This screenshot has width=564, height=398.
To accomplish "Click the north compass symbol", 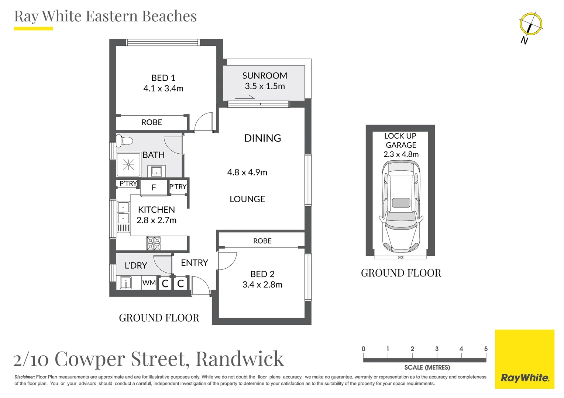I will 531,24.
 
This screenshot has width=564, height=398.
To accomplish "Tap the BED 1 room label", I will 163,78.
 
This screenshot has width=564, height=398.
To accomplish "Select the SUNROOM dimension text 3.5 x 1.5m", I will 265,86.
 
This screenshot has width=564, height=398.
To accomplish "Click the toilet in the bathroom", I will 125,141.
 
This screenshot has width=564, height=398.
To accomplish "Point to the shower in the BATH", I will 128,164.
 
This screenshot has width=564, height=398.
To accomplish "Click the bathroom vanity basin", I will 157,171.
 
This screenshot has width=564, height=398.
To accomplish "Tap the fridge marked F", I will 154,188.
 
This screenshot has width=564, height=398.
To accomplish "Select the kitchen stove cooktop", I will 154,243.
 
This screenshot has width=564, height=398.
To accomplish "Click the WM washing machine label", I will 149,283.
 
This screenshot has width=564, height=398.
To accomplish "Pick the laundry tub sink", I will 125,283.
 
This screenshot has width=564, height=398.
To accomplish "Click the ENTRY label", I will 195,263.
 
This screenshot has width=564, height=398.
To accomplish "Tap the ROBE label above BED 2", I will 262,241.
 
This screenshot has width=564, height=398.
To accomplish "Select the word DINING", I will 262,138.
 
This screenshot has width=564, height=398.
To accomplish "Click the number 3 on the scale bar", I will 437,349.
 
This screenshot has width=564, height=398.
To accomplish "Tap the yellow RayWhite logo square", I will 525,359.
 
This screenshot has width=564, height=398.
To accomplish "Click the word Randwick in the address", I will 240,359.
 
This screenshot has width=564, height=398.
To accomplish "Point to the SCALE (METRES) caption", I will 427,367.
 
